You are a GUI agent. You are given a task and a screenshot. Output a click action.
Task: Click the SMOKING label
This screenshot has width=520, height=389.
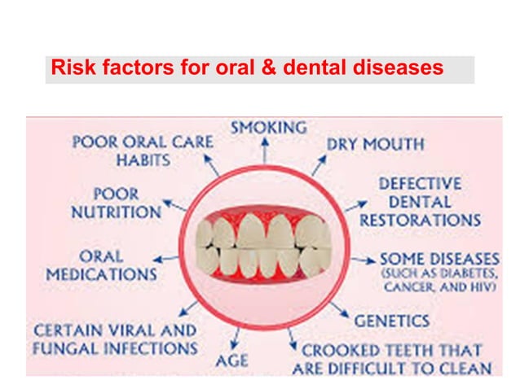(268, 128)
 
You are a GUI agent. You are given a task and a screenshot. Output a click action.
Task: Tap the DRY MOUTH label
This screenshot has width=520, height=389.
(375, 145)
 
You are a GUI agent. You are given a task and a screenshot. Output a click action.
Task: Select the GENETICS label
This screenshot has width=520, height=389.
(392, 320)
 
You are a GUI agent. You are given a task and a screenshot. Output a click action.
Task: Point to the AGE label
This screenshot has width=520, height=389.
(231, 359)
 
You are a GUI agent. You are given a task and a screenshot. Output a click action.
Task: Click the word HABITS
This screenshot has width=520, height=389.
(143, 160)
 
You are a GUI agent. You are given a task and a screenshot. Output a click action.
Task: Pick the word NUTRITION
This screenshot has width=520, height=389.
(116, 212)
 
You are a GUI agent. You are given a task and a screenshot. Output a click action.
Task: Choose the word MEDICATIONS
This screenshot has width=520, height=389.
(101, 274)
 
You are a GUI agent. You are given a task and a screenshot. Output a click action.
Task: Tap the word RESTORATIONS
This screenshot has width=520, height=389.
(421, 220)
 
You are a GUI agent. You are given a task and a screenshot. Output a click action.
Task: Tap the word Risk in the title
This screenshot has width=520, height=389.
(68, 68)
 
